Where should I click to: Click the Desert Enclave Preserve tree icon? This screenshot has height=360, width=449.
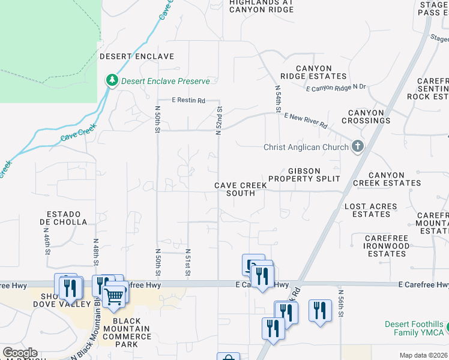pos(112,80)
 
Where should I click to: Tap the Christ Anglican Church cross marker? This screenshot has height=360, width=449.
pos(358,147)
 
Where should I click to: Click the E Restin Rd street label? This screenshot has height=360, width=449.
pos(188,100)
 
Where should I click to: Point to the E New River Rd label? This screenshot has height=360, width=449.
pos(306,121)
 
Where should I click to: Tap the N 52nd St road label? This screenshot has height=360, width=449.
pos(220,121)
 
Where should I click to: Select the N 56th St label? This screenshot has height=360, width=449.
pos(340,306)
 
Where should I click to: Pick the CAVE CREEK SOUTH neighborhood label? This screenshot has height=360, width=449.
pos(241,190)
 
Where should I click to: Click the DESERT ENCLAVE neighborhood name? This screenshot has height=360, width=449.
pos(137,56)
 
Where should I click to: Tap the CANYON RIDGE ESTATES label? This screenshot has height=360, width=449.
pos(313,71)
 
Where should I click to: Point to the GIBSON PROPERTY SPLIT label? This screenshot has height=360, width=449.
pos(304,175)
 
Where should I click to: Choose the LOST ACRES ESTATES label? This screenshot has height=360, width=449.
pos(371,210)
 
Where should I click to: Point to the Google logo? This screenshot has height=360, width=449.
pos(20,353)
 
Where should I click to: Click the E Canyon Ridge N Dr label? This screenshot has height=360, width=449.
pos(336,88)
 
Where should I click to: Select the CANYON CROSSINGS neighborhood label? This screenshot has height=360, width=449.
pos(366,116)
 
